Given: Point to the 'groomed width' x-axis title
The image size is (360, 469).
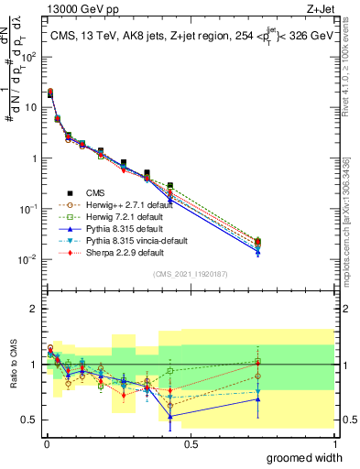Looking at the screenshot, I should [x=311, y=457].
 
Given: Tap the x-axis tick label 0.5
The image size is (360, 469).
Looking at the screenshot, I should [x=191, y=443].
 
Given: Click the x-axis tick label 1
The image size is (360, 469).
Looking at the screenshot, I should [x=333, y=443].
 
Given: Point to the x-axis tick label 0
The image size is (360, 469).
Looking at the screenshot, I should [x=46, y=443].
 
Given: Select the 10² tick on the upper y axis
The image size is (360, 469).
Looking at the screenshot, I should [x=28, y=56].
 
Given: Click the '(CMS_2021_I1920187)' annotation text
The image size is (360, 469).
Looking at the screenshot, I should [x=190, y=275].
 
